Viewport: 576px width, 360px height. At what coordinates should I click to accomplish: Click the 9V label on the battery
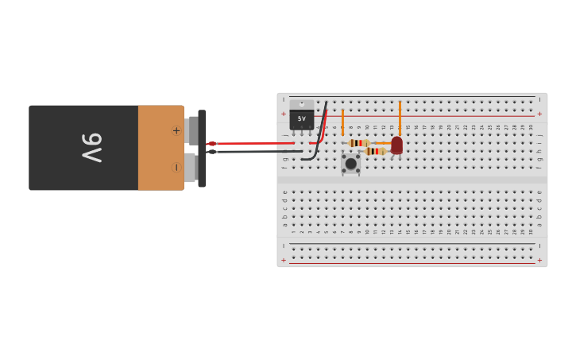tap(92, 148)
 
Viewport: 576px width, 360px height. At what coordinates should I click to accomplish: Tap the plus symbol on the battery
tap(176, 130)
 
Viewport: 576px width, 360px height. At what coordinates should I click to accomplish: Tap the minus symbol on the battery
tap(176, 167)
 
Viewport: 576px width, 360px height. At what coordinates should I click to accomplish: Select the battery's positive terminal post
tap(191, 130)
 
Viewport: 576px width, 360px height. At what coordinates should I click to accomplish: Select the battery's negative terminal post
tap(191, 167)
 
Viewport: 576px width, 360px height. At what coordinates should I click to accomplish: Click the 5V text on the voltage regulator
tap(301, 118)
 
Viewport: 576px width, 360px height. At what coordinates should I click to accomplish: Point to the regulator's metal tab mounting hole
tap(301, 104)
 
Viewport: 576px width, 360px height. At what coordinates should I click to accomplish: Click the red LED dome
tap(396, 145)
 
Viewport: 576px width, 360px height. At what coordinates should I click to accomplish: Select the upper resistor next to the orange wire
tap(358, 143)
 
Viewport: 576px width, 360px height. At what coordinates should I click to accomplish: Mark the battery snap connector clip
tap(202, 149)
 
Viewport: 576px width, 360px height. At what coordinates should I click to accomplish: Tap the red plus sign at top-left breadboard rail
tap(284, 114)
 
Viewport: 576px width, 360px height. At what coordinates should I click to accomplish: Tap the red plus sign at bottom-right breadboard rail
tap(539, 260)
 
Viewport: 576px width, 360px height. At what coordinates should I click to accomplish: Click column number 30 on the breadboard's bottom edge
tap(531, 231)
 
